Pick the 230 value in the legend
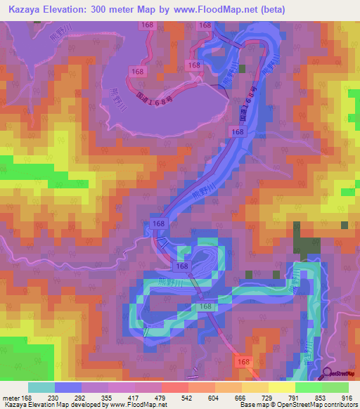(53, 398)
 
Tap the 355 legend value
(108, 398)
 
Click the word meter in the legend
(12, 398)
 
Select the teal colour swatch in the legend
(41, 388)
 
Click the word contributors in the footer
(340, 405)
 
